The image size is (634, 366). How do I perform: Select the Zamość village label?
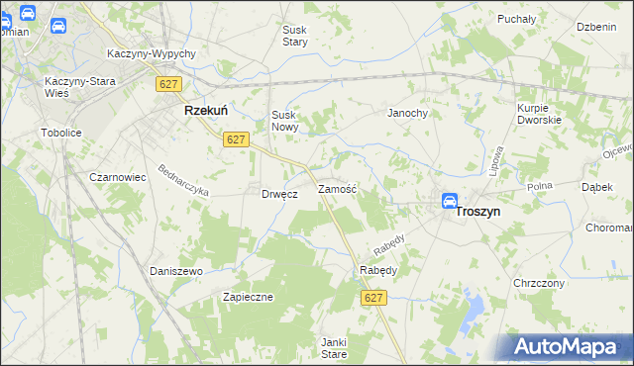pos(337,188)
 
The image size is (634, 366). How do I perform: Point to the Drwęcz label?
pos(280,194)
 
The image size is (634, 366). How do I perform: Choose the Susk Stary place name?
pos(295,37)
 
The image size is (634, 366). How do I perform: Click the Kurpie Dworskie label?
pos(539,113)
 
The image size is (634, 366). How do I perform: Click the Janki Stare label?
pos(333,347)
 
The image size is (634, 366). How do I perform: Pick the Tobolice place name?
pos(60,132)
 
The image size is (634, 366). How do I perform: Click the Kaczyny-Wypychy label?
pos(151,54)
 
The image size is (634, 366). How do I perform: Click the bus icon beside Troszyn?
pos(449,201)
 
